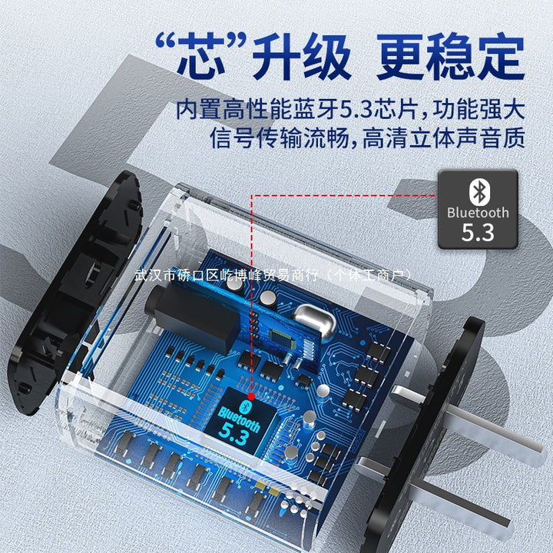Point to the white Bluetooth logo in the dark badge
[x=479, y=192]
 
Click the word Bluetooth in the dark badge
[x=478, y=213]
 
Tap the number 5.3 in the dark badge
[x=478, y=233]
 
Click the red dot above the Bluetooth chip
[x=251, y=396]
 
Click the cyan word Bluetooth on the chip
[x=240, y=419]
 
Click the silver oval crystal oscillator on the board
[x=315, y=320]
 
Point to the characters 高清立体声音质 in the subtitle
[x=444, y=138]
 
